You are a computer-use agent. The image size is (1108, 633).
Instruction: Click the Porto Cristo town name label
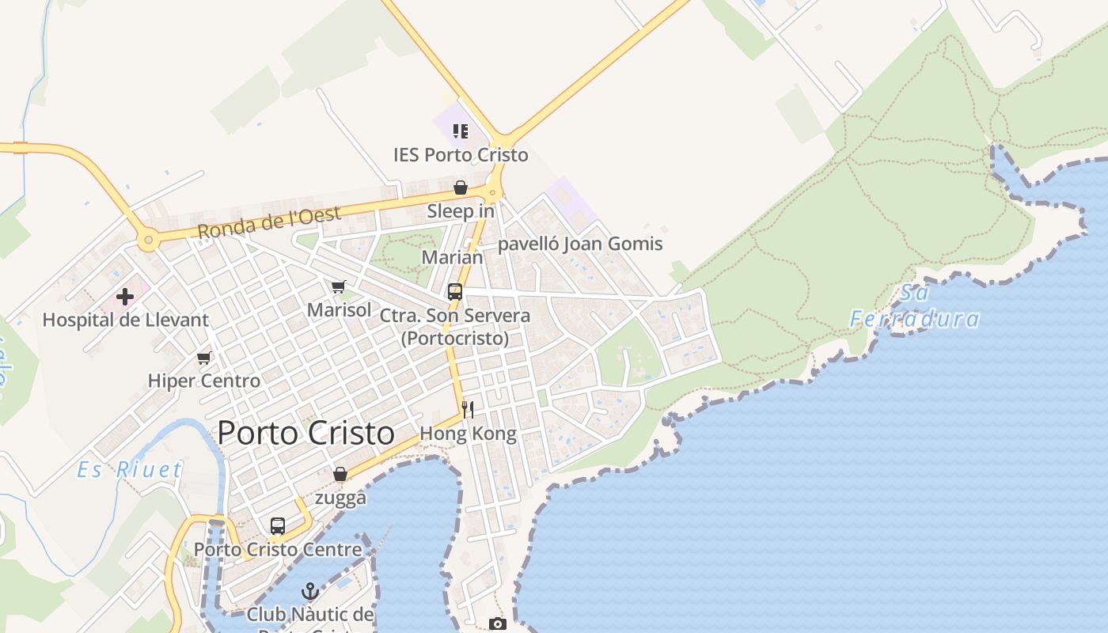(x=305, y=433)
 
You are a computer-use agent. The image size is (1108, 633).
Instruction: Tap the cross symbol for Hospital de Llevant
(x=125, y=298)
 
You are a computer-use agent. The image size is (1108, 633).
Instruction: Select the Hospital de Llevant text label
(x=125, y=320)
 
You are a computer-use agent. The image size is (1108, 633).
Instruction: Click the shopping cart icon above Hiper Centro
(x=204, y=358)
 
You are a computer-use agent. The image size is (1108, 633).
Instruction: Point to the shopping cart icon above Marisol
(x=339, y=287)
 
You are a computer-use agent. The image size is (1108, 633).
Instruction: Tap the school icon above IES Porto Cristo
(x=460, y=131)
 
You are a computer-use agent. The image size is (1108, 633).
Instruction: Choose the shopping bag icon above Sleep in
(x=460, y=188)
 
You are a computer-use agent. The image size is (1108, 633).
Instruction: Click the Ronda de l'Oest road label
(x=269, y=222)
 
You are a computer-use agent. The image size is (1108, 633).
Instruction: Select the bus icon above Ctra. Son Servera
(x=455, y=292)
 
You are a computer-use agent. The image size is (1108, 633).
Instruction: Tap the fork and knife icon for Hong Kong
(x=468, y=410)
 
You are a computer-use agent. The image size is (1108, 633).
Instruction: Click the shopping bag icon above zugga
(x=340, y=475)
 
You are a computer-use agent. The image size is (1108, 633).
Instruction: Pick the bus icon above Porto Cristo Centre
(x=278, y=526)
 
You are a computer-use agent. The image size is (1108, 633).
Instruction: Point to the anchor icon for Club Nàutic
(x=310, y=591)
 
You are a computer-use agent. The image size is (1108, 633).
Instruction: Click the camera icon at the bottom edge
(x=497, y=624)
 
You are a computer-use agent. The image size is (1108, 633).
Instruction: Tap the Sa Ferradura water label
(x=915, y=306)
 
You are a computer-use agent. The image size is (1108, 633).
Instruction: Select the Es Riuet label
(x=130, y=470)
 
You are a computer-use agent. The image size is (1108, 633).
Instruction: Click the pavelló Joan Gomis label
(x=580, y=244)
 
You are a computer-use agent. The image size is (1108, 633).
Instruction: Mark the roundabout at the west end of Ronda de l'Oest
(x=147, y=239)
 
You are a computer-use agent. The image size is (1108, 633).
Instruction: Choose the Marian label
(x=452, y=257)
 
